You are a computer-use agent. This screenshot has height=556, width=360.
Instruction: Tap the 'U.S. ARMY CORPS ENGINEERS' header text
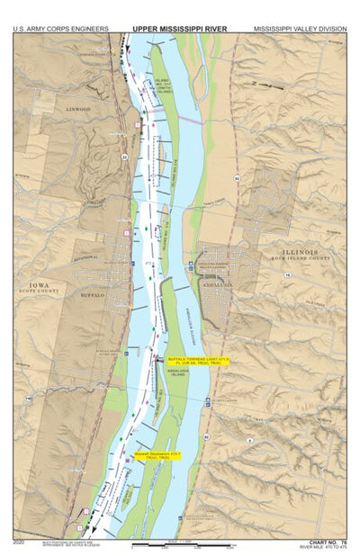[x=53, y=28]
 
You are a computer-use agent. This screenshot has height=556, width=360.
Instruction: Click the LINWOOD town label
[x=78, y=110]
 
